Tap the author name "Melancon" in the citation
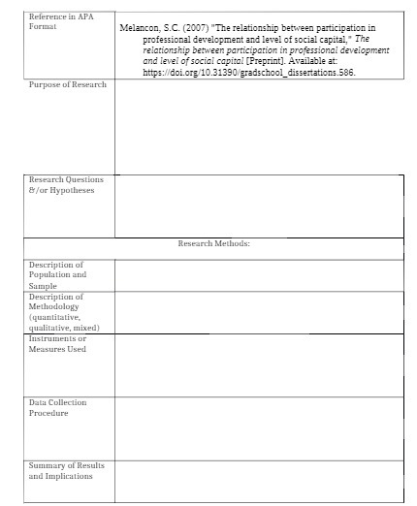[x=138, y=29]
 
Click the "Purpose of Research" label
[x=67, y=85]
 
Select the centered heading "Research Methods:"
[x=214, y=244]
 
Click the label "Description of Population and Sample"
[x=57, y=275]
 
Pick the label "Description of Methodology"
[x=57, y=301]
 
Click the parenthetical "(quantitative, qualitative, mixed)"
[x=64, y=322]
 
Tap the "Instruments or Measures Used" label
[x=57, y=343]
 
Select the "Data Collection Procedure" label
[x=57, y=407]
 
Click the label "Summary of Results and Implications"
[x=66, y=471]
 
